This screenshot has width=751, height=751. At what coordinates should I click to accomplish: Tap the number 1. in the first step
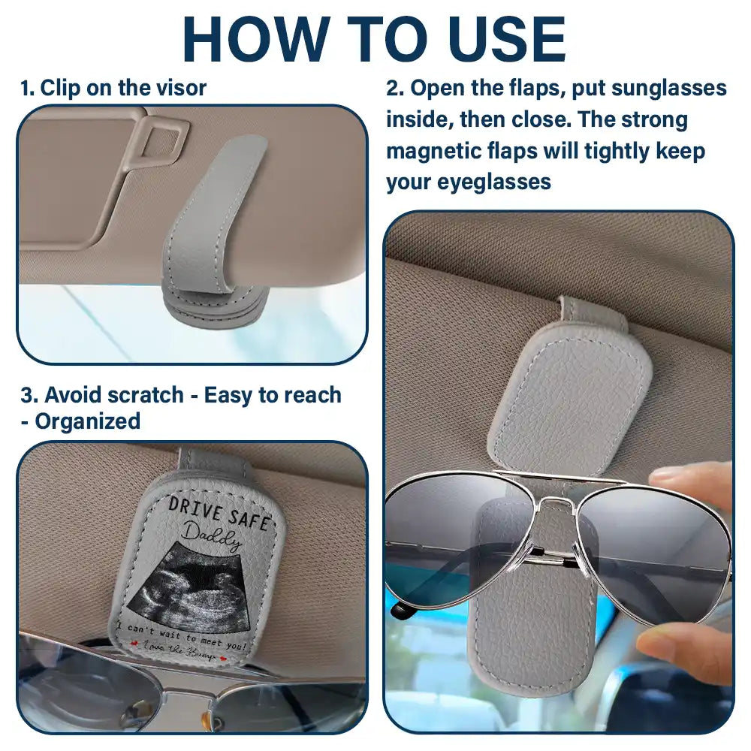pos(28,88)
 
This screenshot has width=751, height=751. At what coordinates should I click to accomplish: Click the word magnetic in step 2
pos(433,151)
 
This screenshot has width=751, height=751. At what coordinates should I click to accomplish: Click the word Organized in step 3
pos(87,421)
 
